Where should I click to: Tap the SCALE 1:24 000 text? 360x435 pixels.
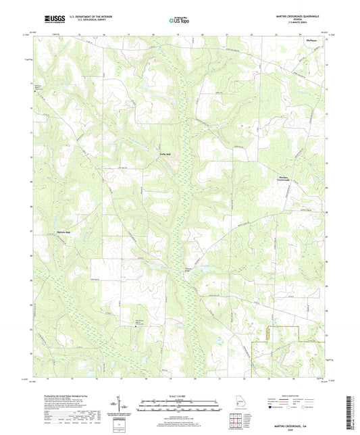click(179, 396)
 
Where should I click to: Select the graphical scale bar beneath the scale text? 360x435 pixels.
click(179, 404)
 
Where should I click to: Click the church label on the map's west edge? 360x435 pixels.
click(38, 86)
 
